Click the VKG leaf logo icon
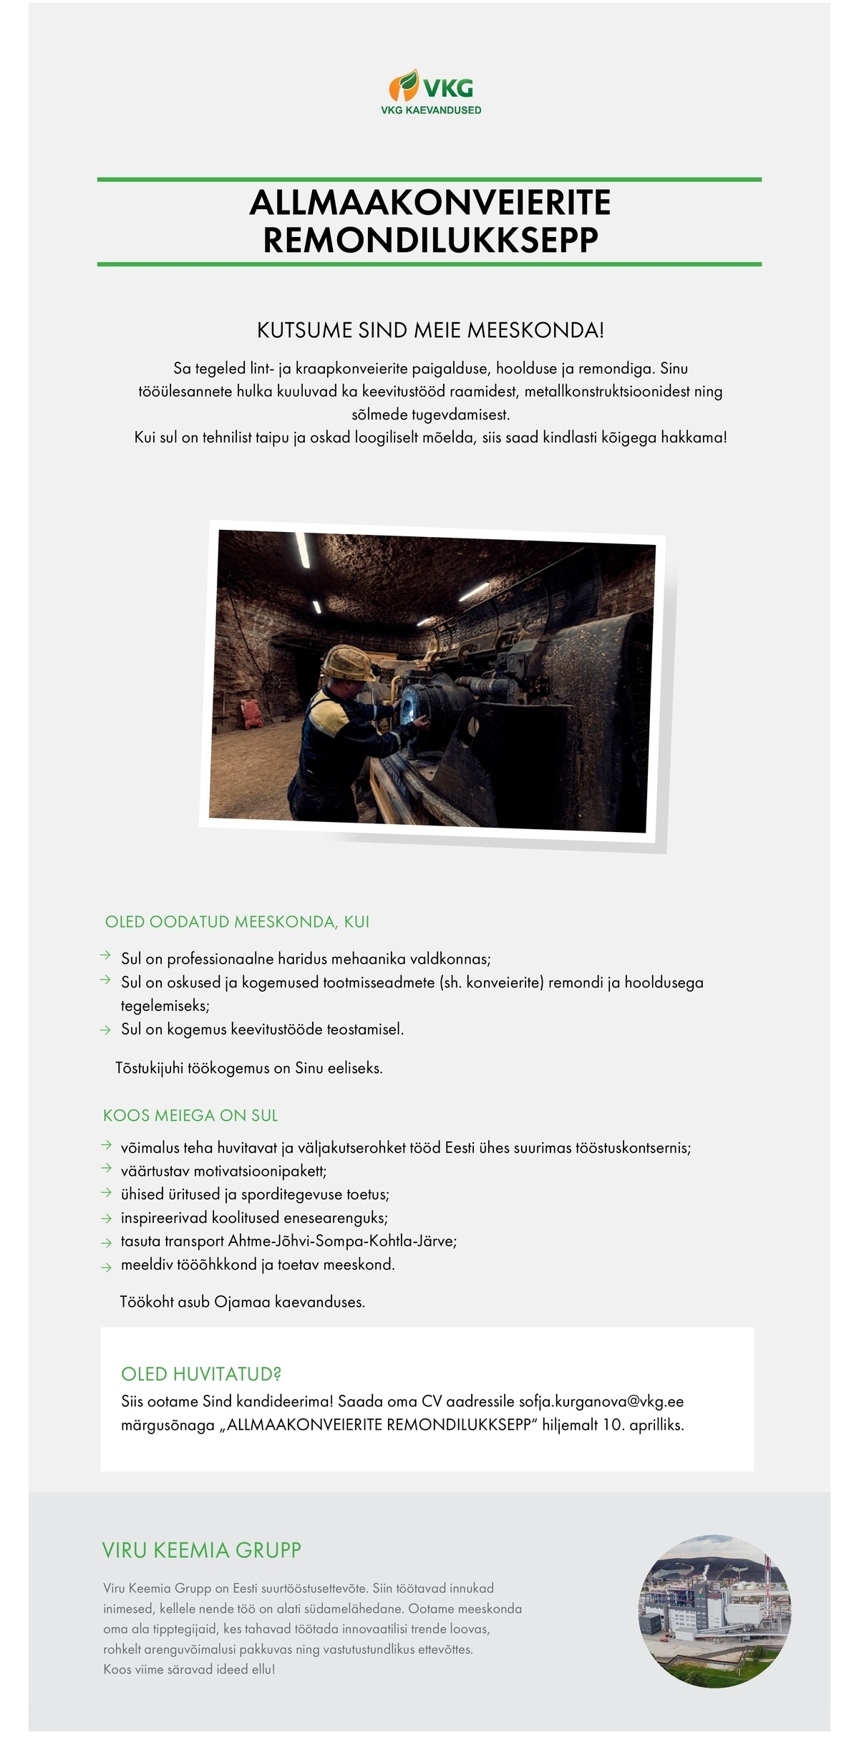(x=404, y=84)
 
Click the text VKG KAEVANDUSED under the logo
(x=431, y=110)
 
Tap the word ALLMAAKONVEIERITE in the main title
(x=429, y=203)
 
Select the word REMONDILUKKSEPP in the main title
(x=429, y=241)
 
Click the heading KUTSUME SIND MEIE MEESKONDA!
(x=430, y=331)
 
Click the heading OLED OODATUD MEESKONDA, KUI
(x=237, y=922)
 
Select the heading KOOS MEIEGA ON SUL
(x=190, y=1116)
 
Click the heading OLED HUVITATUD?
(x=201, y=1374)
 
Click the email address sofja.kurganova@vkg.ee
(x=601, y=1401)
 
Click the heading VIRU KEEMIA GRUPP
(x=202, y=1550)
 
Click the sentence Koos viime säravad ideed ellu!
(x=189, y=1669)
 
